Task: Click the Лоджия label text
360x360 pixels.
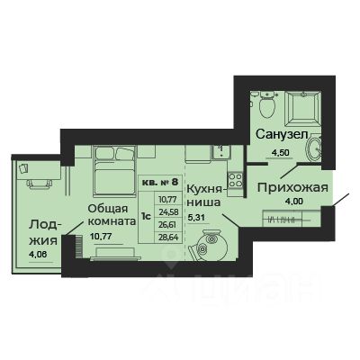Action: tap(42, 233)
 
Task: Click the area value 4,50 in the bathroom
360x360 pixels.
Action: tap(282, 151)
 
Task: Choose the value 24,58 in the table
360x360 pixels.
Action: tap(167, 209)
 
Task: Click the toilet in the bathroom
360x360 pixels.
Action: tap(265, 107)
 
